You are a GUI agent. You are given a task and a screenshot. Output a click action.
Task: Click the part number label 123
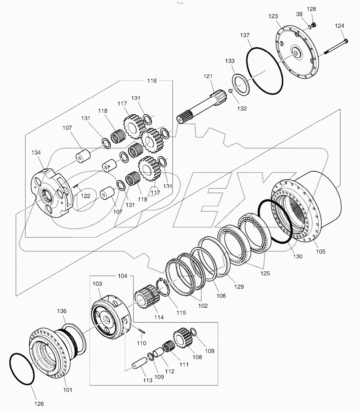point(273,16)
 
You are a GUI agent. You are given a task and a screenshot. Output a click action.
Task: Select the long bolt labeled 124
point(334,48)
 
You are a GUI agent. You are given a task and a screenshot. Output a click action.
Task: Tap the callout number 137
point(245,35)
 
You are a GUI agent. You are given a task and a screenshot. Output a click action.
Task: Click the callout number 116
point(152,81)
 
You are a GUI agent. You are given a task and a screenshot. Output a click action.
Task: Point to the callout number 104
point(123,276)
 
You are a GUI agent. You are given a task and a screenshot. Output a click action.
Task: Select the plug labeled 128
point(315,25)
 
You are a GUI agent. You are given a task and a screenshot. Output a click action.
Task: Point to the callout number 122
point(85,195)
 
